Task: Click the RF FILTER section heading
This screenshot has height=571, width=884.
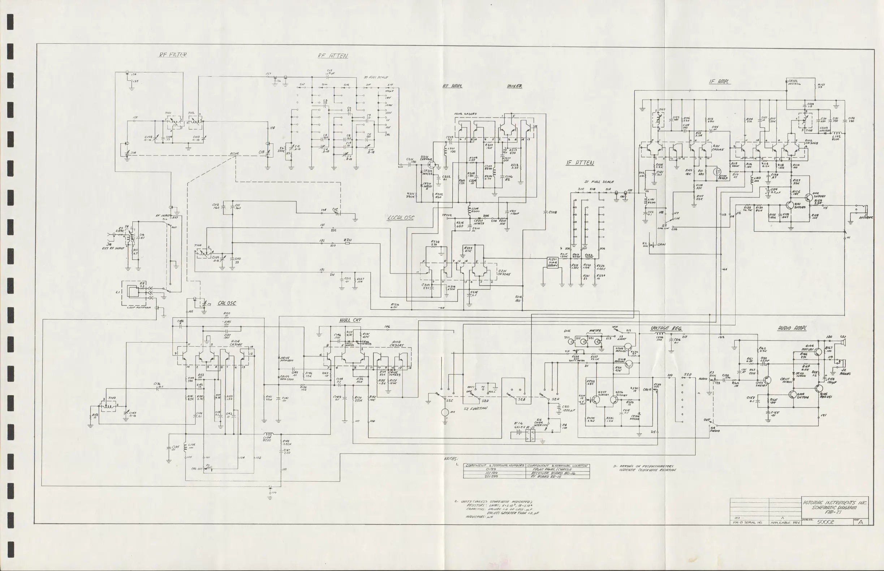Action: point(173,55)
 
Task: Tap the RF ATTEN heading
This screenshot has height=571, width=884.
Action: point(333,56)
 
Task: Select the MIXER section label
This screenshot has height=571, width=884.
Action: point(514,86)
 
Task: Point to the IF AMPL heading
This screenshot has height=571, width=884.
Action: point(719,82)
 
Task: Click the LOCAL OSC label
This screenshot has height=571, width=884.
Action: point(401,218)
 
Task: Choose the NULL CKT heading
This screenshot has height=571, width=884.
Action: point(350,320)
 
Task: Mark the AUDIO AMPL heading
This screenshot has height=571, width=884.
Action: point(792,328)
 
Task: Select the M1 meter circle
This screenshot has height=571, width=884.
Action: point(445,412)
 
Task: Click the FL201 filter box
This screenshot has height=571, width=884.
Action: point(552,263)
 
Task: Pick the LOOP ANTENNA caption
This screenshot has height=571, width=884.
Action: point(139,307)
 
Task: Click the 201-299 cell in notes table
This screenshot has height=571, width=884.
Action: point(491,476)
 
